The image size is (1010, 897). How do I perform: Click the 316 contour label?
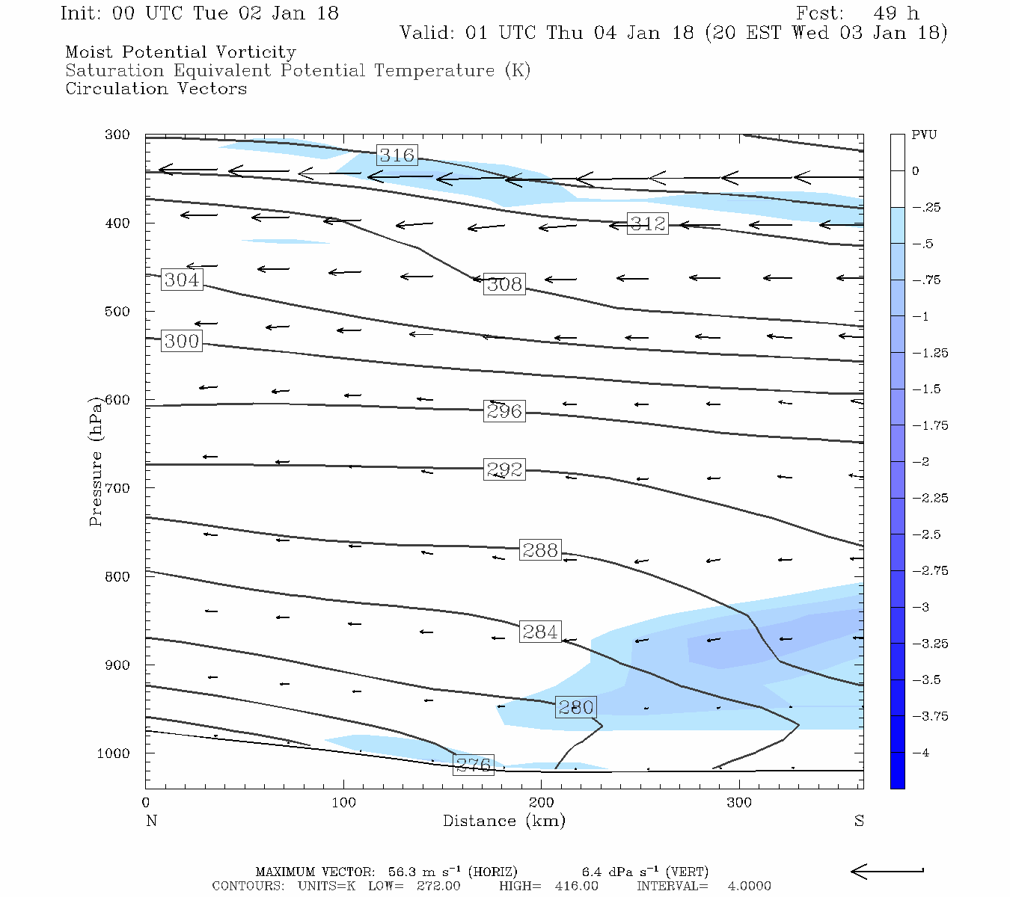[397, 155]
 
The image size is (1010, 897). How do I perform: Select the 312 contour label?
[647, 224]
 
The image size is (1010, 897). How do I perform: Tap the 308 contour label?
[504, 284]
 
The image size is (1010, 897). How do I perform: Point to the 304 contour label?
[182, 280]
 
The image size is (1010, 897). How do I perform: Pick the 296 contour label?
[504, 411]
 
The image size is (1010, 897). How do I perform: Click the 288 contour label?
[540, 550]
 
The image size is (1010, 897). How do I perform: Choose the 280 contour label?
[576, 707]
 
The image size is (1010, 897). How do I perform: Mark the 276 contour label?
[474, 765]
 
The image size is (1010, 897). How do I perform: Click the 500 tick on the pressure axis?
[117, 312]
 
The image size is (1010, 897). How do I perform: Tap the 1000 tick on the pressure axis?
[114, 753]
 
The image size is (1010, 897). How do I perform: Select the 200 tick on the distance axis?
[542, 803]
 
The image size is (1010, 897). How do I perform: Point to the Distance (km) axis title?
[504, 821]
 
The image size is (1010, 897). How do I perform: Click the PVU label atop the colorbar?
[924, 135]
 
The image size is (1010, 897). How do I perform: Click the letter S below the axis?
[859, 821]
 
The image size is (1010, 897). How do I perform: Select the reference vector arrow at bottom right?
[887, 871]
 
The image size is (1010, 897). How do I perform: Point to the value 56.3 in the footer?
[403, 872]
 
